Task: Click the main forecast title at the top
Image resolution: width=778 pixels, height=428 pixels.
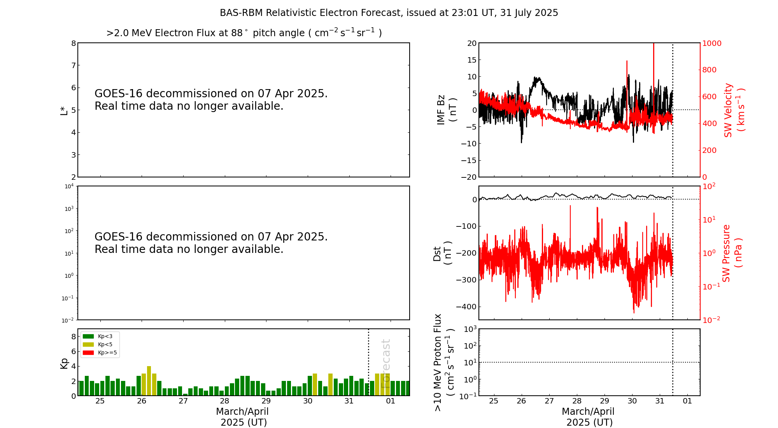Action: (389, 13)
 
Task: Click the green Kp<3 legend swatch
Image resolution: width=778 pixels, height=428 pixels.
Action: (88, 336)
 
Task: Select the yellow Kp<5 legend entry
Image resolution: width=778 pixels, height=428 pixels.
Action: (88, 344)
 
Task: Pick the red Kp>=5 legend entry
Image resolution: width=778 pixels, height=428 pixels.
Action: (88, 353)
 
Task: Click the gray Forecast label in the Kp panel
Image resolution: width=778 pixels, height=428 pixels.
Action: (385, 363)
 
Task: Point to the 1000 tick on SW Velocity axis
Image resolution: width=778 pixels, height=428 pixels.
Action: (711, 43)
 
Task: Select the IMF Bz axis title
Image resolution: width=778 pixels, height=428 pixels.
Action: (447, 110)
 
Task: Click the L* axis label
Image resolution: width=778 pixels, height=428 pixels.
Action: (64, 110)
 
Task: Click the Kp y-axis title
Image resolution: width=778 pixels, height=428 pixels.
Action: (64, 363)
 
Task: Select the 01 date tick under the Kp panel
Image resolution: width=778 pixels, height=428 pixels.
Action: (391, 401)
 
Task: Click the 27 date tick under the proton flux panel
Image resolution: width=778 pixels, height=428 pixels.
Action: (549, 401)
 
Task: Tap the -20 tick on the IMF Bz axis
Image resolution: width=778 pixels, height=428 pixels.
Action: (469, 177)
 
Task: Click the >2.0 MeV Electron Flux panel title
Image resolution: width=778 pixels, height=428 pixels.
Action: (244, 33)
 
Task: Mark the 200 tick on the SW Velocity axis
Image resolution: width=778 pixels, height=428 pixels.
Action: (709, 150)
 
